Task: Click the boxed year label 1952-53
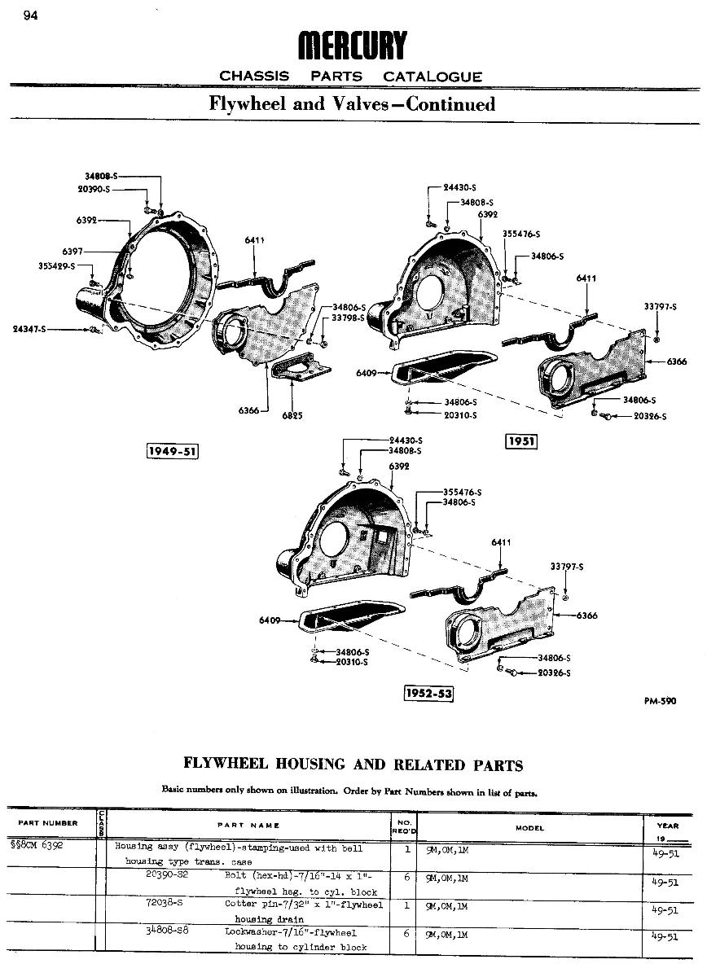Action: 428,693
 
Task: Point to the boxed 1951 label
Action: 520,440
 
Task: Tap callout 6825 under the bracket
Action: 292,415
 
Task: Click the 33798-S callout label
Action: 348,318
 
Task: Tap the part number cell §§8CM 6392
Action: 42,846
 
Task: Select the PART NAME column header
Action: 248,825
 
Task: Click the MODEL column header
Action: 529,828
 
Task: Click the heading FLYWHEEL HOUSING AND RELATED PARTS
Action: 353,765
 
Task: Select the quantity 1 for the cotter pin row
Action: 406,905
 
